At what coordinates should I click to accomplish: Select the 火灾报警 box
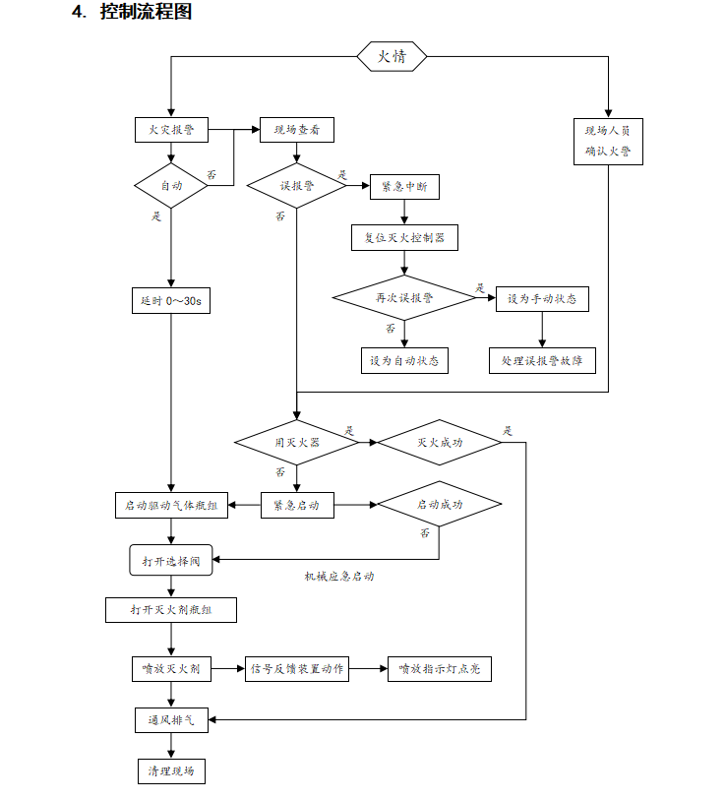point(171,129)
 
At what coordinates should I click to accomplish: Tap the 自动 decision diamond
point(171,185)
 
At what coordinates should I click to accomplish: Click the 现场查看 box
point(296,129)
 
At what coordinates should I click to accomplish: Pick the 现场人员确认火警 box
point(608,141)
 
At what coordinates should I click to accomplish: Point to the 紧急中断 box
point(404,186)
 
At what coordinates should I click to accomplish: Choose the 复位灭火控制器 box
point(404,237)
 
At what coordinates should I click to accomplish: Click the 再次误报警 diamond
point(404,297)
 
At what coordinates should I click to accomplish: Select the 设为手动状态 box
point(542,298)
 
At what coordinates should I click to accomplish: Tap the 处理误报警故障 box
point(542,360)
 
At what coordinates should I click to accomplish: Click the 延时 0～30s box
point(171,300)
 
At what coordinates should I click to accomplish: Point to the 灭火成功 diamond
point(440,443)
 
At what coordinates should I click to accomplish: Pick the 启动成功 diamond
point(440,505)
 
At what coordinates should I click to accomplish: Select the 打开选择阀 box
point(171,560)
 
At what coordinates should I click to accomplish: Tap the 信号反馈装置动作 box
point(297,669)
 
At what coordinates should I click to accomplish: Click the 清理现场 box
point(171,770)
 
